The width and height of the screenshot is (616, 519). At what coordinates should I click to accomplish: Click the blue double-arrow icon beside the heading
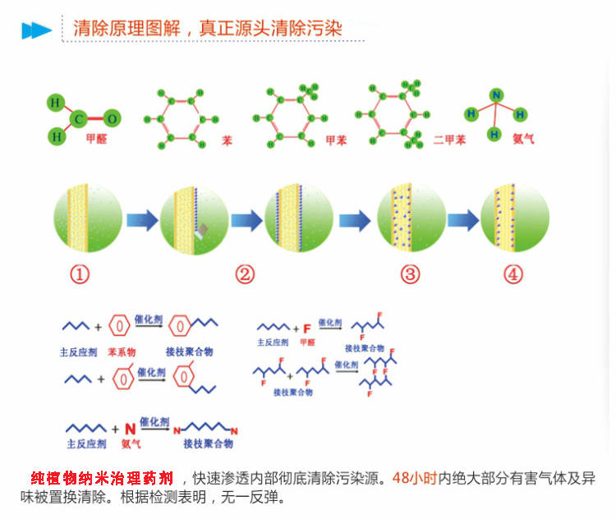click(x=36, y=30)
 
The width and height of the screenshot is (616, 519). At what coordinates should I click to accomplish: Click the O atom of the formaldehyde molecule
click(x=113, y=119)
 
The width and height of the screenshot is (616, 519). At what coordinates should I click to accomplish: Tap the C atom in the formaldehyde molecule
click(x=80, y=120)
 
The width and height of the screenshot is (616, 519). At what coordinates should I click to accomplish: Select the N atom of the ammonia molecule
click(x=495, y=95)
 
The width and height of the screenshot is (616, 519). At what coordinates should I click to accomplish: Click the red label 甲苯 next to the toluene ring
click(x=336, y=140)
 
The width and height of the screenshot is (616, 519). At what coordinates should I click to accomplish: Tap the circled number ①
click(x=80, y=274)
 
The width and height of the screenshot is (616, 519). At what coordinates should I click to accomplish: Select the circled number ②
click(x=244, y=274)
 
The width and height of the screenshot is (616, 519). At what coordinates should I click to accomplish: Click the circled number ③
click(x=410, y=274)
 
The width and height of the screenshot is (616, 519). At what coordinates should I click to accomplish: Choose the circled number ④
click(x=513, y=274)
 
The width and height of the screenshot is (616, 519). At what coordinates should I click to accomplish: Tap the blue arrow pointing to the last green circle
click(x=462, y=220)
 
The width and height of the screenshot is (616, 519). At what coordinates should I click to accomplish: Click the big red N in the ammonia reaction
click(x=129, y=428)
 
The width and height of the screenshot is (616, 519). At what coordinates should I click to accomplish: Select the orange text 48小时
click(x=415, y=478)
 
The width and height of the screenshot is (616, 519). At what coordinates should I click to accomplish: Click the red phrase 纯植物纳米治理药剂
click(x=102, y=478)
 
